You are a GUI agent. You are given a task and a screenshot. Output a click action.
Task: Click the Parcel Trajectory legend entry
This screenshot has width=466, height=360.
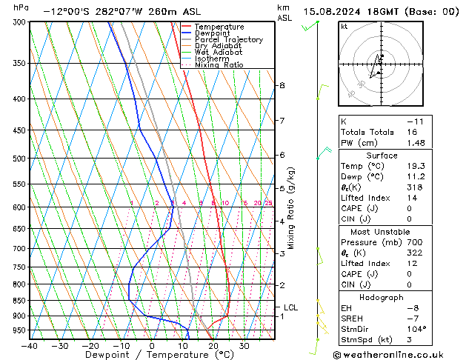(x=229, y=40)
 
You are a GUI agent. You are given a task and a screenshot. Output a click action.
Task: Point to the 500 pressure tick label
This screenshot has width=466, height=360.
(x=19, y=159)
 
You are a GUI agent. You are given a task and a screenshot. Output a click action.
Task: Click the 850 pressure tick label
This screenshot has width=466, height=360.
(x=19, y=301)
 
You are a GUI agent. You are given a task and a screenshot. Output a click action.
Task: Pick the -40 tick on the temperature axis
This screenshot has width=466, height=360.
(x=30, y=345)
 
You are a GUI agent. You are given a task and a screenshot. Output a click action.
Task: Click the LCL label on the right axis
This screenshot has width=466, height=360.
(x=291, y=307)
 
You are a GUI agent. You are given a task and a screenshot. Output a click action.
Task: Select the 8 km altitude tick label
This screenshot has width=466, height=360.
(x=282, y=86)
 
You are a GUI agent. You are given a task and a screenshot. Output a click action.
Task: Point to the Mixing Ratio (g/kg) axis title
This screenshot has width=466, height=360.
(x=291, y=208)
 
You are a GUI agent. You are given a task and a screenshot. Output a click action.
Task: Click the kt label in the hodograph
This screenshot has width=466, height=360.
(x=344, y=26)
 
